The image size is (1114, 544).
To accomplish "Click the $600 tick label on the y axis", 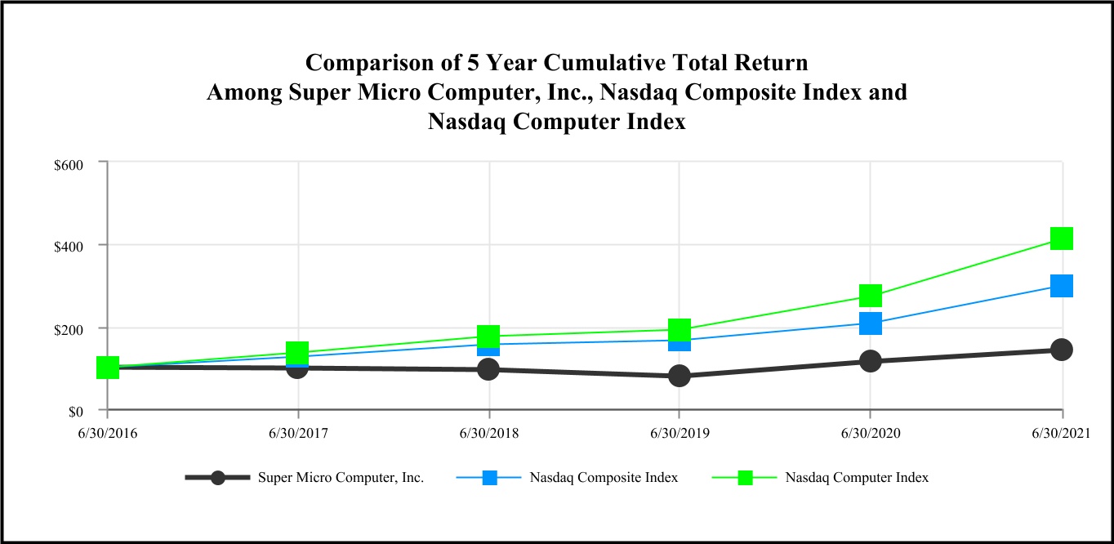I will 69,164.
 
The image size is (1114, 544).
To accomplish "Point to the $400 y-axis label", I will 69,246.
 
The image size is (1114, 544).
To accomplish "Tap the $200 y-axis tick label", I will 69,328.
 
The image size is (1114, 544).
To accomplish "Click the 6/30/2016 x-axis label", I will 107,432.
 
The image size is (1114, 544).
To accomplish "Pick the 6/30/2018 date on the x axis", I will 488,432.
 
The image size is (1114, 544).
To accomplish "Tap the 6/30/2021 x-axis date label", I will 1061,432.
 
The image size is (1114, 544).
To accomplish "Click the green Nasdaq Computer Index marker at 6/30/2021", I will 1061,239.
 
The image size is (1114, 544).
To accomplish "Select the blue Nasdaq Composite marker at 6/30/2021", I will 1061,286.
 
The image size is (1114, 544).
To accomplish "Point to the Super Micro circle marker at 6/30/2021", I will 1061,350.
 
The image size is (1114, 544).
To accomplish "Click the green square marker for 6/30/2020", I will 870,295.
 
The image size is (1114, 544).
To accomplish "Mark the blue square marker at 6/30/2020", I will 870,323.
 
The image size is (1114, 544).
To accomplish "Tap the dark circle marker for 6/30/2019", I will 680,376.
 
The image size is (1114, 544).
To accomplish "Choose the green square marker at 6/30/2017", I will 297,353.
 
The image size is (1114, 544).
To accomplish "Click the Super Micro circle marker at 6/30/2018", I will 488,369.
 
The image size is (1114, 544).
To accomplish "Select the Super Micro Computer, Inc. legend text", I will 341,478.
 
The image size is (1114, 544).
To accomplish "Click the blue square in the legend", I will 489,478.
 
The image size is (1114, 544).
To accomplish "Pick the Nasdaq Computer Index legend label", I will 856,478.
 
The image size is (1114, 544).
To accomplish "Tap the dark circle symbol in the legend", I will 218,478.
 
